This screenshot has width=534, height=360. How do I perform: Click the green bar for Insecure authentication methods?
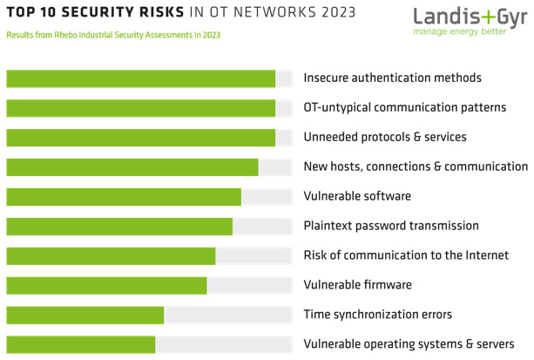click(x=140, y=78)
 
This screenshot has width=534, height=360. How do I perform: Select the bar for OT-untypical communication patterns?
click(x=140, y=108)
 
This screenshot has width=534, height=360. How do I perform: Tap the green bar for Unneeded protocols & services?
click(x=140, y=138)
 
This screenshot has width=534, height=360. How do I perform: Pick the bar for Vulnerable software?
click(x=123, y=197)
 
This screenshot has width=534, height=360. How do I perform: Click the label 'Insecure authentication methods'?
click(x=392, y=78)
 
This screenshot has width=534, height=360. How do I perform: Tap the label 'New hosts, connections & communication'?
click(x=416, y=166)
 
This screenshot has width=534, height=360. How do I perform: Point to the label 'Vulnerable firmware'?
click(x=357, y=285)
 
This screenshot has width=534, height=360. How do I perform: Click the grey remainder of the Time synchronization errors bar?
click(x=227, y=316)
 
